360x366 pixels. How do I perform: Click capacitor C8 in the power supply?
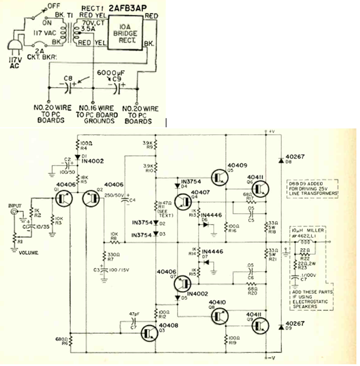coord(68,88)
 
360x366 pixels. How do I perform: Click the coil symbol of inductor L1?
coord(306,242)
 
